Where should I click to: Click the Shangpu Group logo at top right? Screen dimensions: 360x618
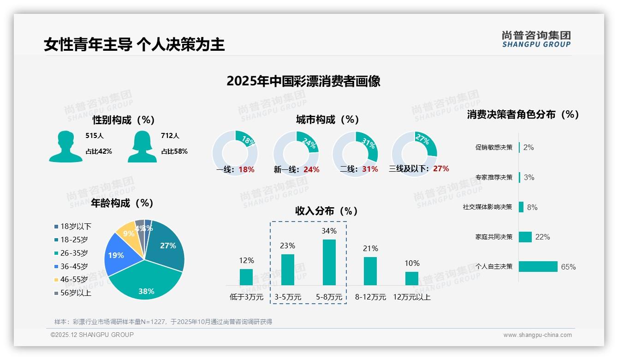coord(536,39)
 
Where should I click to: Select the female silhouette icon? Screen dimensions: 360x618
coord(142,147)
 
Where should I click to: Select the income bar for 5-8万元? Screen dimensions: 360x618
coord(329,262)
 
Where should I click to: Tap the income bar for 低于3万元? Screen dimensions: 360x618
coord(246,277)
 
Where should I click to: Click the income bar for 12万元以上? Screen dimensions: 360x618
coord(411,278)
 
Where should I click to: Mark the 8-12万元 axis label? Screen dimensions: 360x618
coord(370,297)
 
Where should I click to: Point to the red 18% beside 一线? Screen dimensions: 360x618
coord(246,169)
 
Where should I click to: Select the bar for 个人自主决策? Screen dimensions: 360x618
coord(538,267)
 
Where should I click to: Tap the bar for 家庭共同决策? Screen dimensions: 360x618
coord(525,237)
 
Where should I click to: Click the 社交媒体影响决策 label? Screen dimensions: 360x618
coord(487,207)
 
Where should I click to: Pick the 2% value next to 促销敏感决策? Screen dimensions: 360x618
coord(529,147)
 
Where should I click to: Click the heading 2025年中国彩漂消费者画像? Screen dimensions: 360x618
coord(303,81)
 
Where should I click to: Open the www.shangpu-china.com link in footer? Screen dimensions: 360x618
coord(537,335)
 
